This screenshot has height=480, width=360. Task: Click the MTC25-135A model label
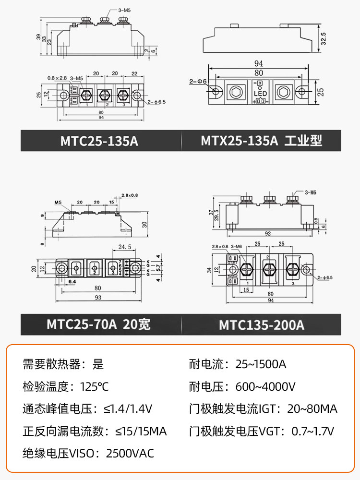click(99, 141)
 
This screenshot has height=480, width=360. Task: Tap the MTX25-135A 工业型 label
click(261, 141)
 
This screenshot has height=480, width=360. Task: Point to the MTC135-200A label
click(262, 325)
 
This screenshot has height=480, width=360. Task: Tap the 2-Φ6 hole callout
click(198, 82)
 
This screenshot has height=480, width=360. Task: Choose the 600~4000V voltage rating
click(265, 386)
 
